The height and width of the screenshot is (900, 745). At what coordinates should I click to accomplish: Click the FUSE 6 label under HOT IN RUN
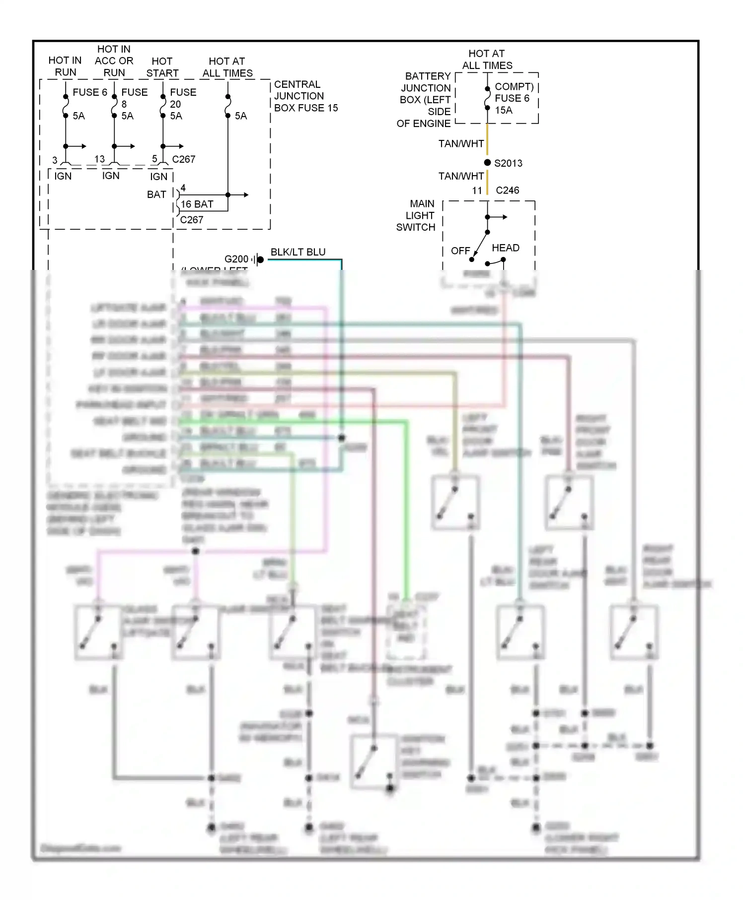[x=90, y=92]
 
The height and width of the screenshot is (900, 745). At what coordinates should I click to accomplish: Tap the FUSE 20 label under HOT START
[x=183, y=98]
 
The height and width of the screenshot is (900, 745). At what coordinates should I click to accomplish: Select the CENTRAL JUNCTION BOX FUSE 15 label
[x=305, y=96]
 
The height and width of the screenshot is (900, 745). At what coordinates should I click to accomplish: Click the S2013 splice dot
[x=487, y=163]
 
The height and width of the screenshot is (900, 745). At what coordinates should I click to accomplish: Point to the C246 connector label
[x=507, y=191]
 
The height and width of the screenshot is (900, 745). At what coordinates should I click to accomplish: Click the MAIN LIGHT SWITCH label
[x=416, y=215]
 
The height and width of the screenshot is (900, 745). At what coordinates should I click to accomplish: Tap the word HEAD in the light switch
[x=505, y=248]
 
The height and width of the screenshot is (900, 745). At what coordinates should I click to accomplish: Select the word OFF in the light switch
[x=460, y=251]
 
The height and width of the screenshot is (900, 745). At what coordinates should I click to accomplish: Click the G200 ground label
[x=236, y=259]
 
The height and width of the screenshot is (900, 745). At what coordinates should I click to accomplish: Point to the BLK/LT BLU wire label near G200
[x=298, y=252]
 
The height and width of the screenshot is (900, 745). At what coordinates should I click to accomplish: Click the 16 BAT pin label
[x=197, y=204]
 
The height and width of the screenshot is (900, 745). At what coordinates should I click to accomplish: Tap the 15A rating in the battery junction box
[x=503, y=110]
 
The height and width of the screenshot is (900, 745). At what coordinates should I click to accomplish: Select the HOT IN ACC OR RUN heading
[x=114, y=61]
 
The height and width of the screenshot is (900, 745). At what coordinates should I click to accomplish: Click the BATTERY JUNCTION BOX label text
[x=425, y=100]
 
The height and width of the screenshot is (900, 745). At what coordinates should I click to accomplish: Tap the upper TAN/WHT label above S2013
[x=461, y=144]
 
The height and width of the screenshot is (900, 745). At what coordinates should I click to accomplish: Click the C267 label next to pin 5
[x=183, y=159]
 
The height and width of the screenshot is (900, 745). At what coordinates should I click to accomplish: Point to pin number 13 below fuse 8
[x=99, y=159]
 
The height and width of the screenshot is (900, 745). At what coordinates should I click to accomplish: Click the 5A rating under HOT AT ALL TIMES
[x=240, y=116]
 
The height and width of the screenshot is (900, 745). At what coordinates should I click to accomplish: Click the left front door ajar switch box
[x=455, y=502]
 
